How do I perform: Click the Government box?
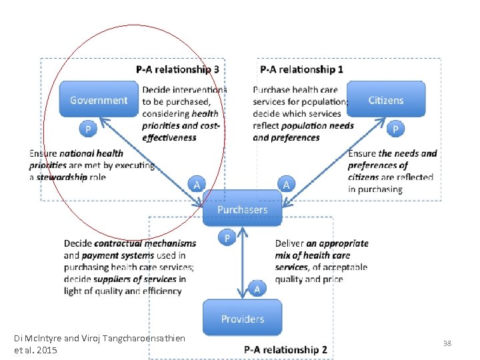click(99, 100)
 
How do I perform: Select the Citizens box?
click(386, 100)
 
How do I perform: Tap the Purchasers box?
click(242, 209)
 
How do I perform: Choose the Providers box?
click(242, 319)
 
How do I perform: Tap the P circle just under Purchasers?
click(227, 237)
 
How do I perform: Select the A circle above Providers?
click(257, 288)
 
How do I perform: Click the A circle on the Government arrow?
click(196, 183)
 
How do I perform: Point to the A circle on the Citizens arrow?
click(286, 183)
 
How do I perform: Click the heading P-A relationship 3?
click(177, 69)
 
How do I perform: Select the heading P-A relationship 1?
click(302, 69)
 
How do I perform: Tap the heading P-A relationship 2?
click(285, 349)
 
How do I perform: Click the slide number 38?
click(447, 343)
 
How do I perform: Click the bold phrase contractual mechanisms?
click(145, 244)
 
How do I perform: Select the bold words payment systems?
click(112, 255)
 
